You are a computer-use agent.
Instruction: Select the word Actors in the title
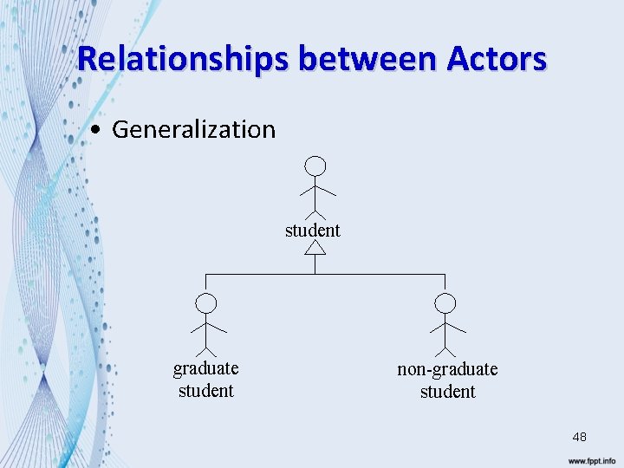click(497, 60)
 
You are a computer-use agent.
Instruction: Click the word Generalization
click(193, 130)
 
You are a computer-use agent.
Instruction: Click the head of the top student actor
click(317, 166)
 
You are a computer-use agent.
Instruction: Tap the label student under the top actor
click(313, 230)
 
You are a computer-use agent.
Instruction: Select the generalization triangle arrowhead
click(315, 248)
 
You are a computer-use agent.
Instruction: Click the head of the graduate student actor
click(205, 303)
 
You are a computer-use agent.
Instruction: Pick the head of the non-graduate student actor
click(445, 303)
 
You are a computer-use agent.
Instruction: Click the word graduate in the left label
click(205, 368)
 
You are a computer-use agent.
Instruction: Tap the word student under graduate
click(205, 391)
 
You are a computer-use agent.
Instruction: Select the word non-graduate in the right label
click(447, 369)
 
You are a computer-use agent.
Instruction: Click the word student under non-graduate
click(447, 392)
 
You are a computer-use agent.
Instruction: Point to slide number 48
click(579, 438)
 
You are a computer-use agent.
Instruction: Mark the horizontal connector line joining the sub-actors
click(325, 275)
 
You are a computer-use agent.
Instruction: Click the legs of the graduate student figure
click(205, 348)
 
